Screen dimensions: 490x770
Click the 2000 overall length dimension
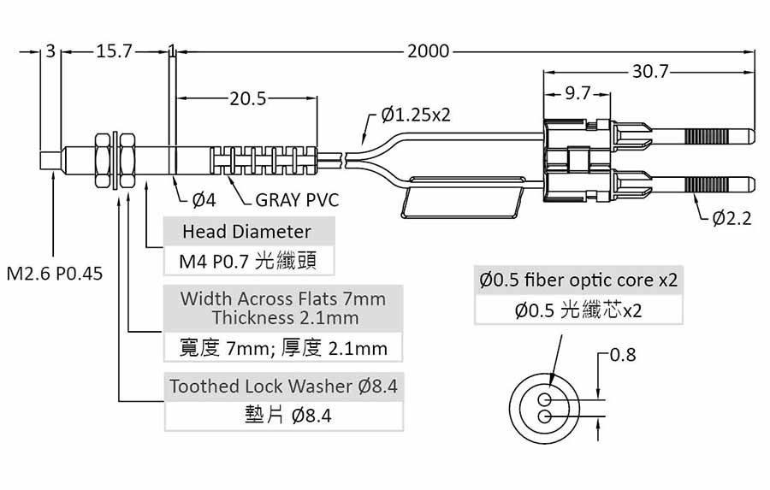pos(428,51)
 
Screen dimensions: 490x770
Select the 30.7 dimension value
pos(650,72)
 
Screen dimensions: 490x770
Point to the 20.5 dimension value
pos(248,98)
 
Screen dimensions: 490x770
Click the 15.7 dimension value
pos(114,51)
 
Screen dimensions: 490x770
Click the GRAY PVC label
pos(297,200)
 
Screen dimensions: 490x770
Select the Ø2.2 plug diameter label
pos(731,218)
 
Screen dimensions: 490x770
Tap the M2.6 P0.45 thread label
pos(55,274)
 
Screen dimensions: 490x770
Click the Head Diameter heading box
pos(246,232)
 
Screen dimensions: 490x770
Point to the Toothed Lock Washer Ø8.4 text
pos(283,386)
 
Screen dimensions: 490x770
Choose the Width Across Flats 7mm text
pos(283,299)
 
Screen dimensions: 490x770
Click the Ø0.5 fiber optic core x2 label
pos(579,280)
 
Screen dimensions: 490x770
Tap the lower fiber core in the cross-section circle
pos(545,416)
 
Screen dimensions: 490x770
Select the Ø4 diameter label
pos(204,200)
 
